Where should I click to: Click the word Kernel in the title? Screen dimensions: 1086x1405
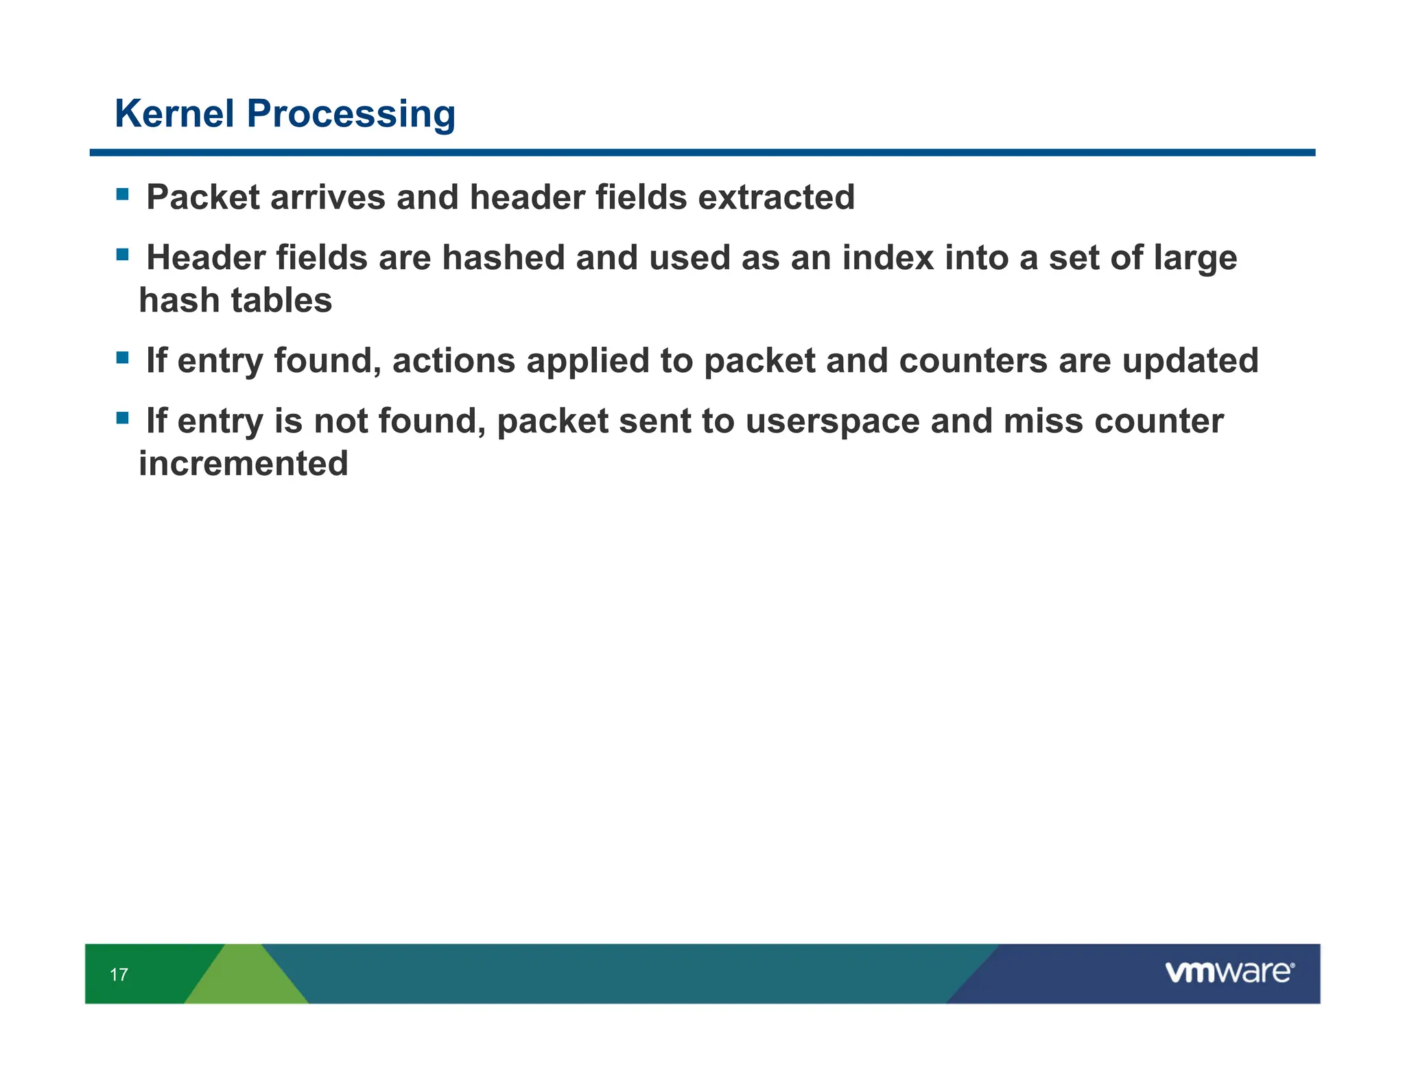[174, 113]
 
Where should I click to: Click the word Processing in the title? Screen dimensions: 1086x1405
[351, 115]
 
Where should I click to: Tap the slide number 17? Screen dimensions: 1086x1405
[119, 974]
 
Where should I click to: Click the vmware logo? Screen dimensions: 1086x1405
[1229, 972]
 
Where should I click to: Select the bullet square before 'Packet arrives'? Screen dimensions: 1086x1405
[123, 194]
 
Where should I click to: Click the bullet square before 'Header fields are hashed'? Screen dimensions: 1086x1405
[123, 255]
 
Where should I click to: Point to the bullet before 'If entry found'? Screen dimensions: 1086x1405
[123, 358]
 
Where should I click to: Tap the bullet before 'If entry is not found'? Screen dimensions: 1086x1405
[123, 417]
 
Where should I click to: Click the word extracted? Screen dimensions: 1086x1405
[776, 198]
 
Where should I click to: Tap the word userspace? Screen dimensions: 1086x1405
[831, 421]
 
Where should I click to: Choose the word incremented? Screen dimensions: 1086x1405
[244, 463]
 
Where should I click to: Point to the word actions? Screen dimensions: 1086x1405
[453, 361]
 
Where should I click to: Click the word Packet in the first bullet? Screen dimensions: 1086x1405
[203, 198]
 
